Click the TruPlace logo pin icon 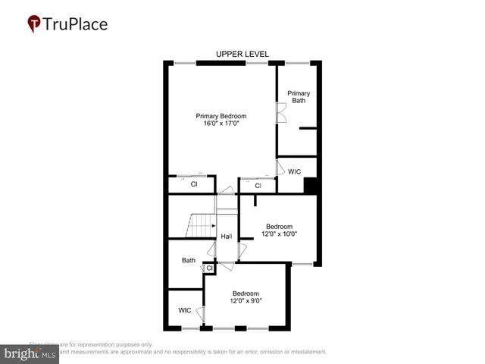point(34,24)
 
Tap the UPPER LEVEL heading point(242,54)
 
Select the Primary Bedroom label point(221,116)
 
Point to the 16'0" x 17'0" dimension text point(221,124)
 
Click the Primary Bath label point(299,96)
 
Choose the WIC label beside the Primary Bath point(295,171)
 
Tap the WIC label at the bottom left point(185,310)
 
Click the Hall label point(226,237)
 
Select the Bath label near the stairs point(188,260)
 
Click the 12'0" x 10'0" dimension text point(280,234)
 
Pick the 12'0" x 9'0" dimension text point(246,301)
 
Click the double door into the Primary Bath point(280,114)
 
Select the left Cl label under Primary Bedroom point(193,184)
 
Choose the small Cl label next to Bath point(210,267)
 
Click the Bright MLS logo point(30,353)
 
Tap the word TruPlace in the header point(76,24)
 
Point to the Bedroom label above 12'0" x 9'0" point(246,293)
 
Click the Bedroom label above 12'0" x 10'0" point(279,226)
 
